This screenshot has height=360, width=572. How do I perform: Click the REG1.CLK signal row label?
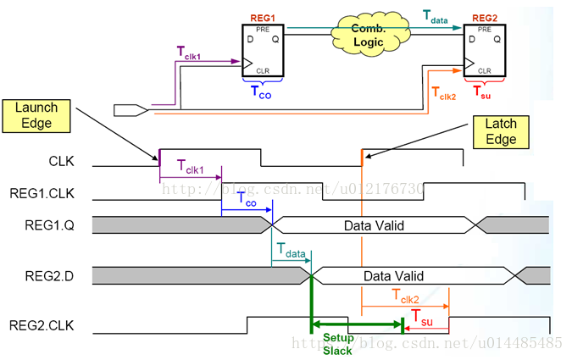(x=42, y=194)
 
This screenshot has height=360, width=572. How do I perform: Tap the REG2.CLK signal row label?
(x=42, y=326)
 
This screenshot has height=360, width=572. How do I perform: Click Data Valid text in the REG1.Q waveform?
(x=375, y=225)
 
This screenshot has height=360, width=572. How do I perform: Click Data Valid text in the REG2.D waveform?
(x=394, y=276)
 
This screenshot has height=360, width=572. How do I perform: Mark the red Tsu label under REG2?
(x=480, y=90)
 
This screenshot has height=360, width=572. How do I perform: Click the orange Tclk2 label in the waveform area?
(x=407, y=294)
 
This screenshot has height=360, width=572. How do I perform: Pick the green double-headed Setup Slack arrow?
(x=357, y=324)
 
